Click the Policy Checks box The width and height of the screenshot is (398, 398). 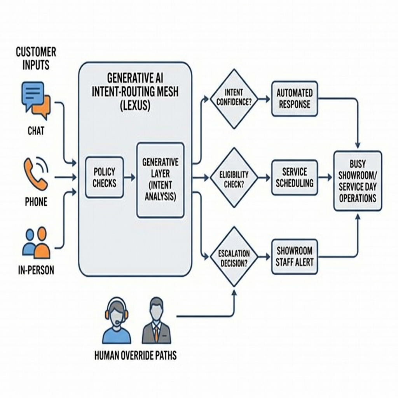(x=104, y=177)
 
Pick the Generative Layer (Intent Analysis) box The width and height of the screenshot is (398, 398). (x=160, y=180)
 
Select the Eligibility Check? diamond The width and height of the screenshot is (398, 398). (x=234, y=178)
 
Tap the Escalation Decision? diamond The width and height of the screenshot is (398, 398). (x=234, y=257)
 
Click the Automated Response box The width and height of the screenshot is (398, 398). (x=294, y=99)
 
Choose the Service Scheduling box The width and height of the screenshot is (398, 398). (x=294, y=177)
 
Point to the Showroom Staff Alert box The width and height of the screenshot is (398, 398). (x=294, y=257)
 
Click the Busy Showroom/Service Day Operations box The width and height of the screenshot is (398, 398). (x=358, y=181)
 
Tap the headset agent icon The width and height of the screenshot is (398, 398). (x=116, y=320)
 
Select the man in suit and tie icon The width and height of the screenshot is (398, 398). (x=156, y=320)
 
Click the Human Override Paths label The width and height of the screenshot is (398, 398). (x=135, y=355)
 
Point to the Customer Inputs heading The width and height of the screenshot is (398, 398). (x=36, y=58)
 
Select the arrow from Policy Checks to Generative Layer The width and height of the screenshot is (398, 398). (x=130, y=177)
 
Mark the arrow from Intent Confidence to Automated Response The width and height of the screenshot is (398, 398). (x=264, y=99)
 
